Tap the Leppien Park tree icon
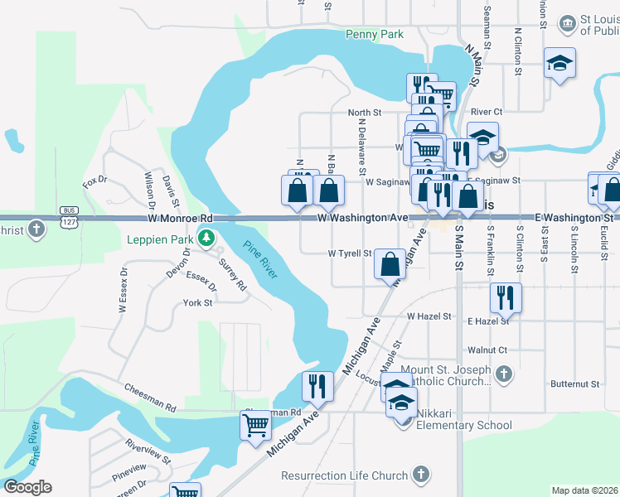click(206, 239)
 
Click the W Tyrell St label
click(350, 253)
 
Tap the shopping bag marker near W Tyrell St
click(390, 265)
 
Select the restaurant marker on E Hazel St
click(506, 298)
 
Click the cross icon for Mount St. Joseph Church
click(502, 375)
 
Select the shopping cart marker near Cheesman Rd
click(255, 426)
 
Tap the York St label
click(198, 303)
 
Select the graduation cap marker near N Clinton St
click(559, 63)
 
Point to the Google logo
click(27, 487)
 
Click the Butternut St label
click(575, 384)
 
